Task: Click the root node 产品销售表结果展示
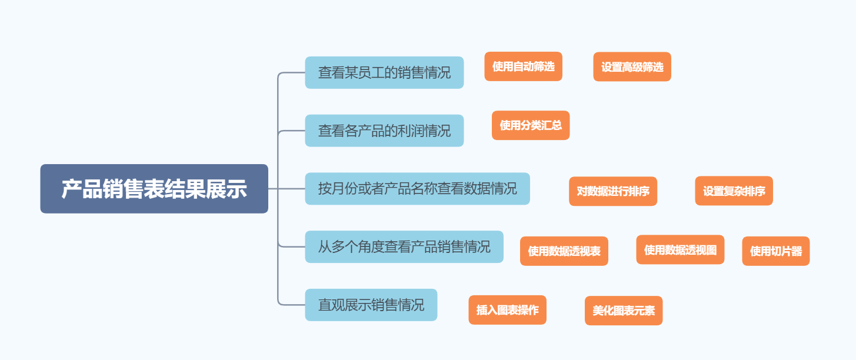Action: [154, 189]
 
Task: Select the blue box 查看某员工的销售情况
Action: [384, 72]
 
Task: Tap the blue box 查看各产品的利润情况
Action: [384, 131]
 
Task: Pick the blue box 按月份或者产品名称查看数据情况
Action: [417, 189]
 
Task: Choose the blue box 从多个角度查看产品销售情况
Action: [404, 246]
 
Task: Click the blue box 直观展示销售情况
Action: [371, 305]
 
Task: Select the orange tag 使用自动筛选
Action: [523, 66]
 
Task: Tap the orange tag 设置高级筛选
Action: [632, 67]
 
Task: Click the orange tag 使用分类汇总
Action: [531, 125]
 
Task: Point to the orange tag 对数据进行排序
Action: [612, 191]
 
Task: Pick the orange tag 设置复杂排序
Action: [734, 191]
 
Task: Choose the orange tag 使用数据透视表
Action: [564, 251]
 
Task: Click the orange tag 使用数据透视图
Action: [680, 250]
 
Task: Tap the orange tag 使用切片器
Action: [775, 251]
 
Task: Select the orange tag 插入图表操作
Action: [507, 310]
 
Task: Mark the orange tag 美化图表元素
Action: [623, 311]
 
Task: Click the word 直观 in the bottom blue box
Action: [331, 305]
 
